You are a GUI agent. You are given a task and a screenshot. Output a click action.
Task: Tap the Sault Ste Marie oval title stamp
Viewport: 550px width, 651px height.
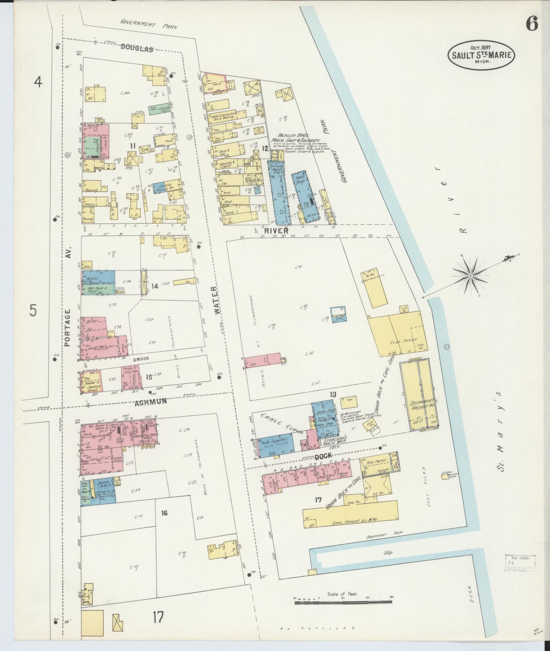pos(481,54)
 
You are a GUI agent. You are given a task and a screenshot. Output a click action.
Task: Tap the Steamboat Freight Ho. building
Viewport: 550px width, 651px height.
pos(419,403)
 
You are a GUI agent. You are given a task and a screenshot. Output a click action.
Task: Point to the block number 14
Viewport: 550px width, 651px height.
pos(154,286)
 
